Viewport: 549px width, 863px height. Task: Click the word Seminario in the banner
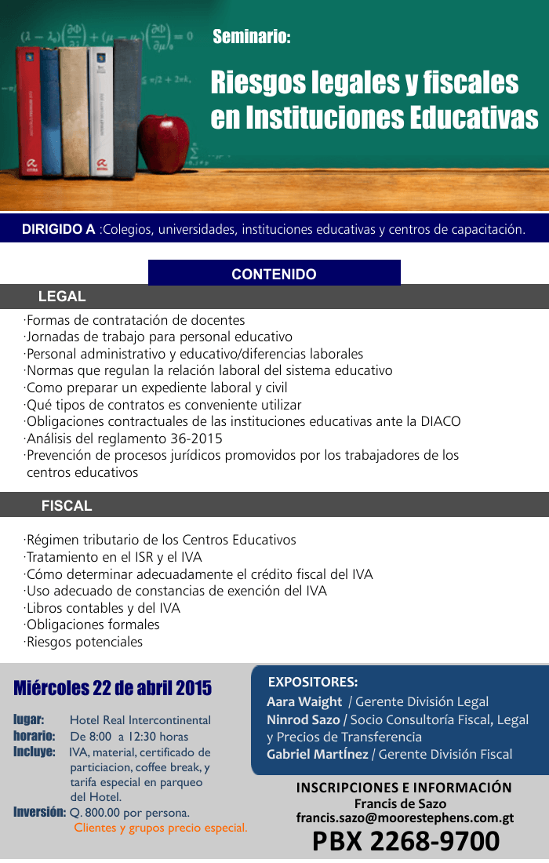click(x=251, y=36)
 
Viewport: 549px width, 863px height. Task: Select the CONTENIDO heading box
click(x=274, y=274)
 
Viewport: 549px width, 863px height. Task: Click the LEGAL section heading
click(x=62, y=297)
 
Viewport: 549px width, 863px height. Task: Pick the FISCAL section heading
click(x=67, y=506)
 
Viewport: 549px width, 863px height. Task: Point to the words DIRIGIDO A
click(x=58, y=230)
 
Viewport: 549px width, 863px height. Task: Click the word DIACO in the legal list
click(x=439, y=421)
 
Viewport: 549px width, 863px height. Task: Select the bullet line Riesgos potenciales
click(x=85, y=642)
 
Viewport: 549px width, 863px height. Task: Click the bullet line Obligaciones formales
click(x=93, y=624)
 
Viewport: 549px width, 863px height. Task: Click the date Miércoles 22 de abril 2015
click(x=113, y=689)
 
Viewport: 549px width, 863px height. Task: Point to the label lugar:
click(x=28, y=719)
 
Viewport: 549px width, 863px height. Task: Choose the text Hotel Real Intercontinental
click(x=140, y=720)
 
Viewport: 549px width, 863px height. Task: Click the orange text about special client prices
click(x=160, y=828)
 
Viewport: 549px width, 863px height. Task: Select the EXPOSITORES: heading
click(x=313, y=682)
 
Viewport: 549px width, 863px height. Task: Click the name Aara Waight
click(x=304, y=701)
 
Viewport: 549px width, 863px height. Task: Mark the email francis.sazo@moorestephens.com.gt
click(x=405, y=817)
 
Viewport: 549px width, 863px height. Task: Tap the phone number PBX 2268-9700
click(x=405, y=841)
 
